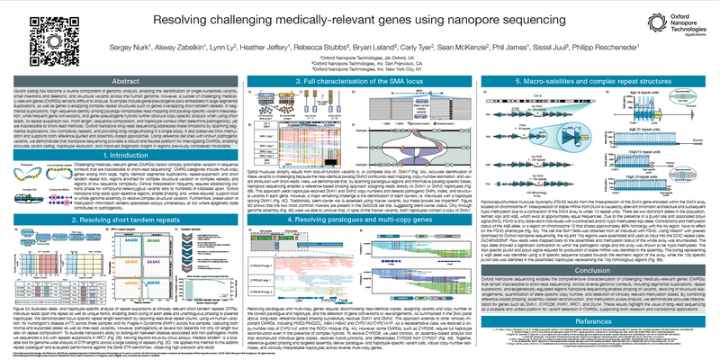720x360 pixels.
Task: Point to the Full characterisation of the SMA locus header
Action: tap(360, 82)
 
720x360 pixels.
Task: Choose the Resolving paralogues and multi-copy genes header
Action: tap(360, 220)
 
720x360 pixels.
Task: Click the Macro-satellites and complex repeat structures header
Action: tap(598, 82)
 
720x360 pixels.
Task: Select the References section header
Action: tap(598, 320)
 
